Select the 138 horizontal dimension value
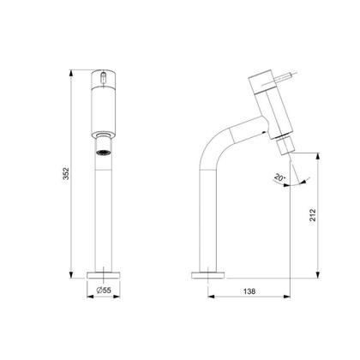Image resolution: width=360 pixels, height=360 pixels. point(249,291)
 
